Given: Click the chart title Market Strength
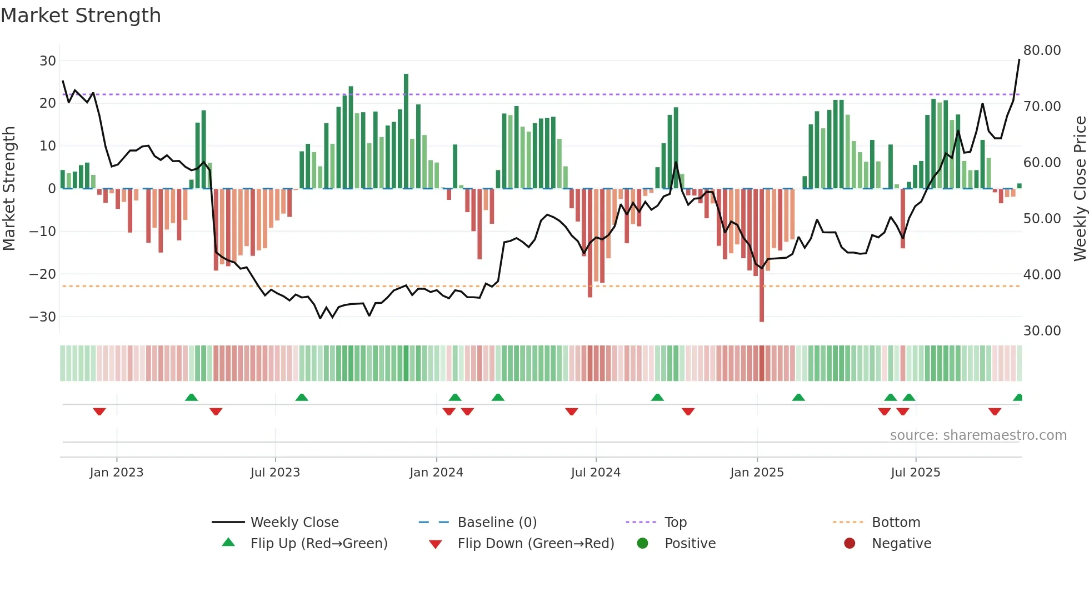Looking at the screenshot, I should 81,16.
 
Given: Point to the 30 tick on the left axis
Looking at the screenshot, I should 48,61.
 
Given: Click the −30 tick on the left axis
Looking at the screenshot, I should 43,317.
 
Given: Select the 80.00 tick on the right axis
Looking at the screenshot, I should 1042,51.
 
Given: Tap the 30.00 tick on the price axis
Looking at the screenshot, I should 1042,331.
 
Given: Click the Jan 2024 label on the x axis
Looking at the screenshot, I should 436,473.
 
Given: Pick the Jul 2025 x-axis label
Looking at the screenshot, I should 915,473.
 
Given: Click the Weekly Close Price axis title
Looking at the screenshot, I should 1080,189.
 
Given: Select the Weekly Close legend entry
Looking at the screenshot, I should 294,523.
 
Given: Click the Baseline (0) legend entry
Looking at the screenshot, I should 497,523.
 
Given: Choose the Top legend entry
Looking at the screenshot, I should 675,523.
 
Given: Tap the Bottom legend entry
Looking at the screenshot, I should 896,523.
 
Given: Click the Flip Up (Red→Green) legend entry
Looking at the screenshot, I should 318,544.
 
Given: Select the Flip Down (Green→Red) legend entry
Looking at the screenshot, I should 536,544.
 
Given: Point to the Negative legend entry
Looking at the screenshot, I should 901,544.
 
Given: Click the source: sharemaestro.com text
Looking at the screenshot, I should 978,435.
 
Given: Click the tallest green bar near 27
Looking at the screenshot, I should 406,131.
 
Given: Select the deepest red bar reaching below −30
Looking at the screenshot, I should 762,255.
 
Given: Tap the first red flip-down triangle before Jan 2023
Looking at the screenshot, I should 99,411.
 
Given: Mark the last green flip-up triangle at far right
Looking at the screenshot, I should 1018,398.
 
